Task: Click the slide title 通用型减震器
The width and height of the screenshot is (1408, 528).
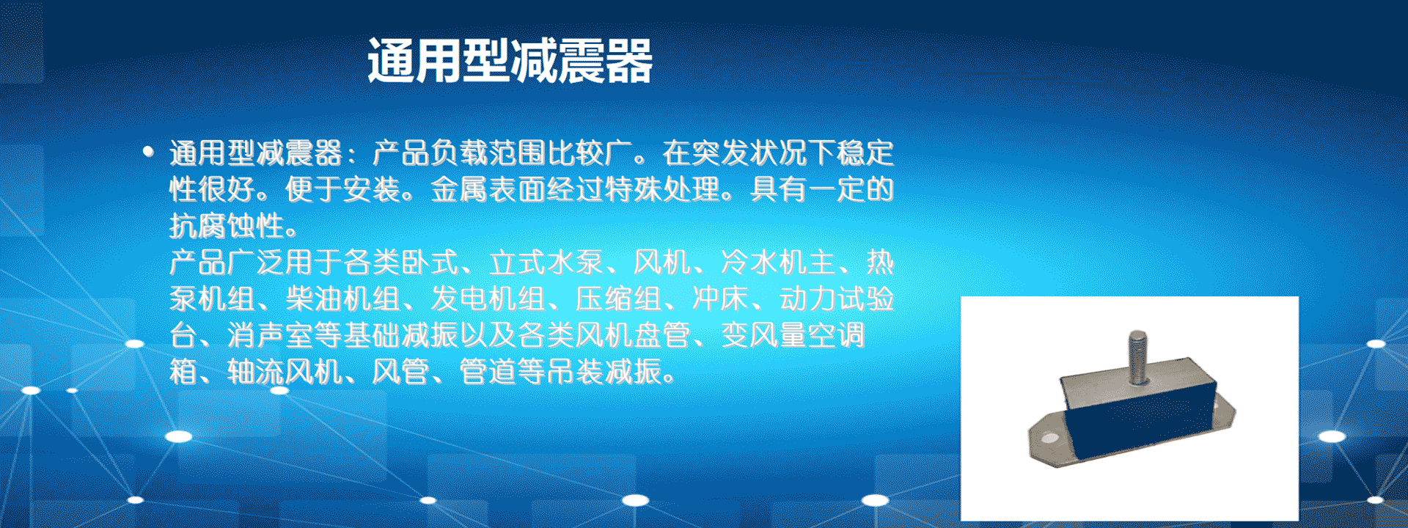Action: tap(510, 60)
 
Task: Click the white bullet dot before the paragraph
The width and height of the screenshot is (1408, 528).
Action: tap(149, 152)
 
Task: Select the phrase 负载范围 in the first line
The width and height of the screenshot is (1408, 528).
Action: tap(488, 153)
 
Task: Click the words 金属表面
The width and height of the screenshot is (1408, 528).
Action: tap(488, 189)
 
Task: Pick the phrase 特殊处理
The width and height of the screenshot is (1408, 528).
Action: tap(662, 189)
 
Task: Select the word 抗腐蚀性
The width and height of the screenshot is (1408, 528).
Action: tap(227, 226)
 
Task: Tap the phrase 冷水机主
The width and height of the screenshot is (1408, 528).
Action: tap(778, 262)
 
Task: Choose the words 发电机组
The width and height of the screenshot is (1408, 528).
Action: tap(488, 298)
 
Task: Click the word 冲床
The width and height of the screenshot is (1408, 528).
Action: tap(720, 298)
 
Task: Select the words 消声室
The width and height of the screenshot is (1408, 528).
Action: tap(271, 335)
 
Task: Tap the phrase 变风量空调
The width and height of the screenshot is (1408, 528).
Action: tap(793, 335)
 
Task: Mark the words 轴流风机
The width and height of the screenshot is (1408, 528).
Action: tap(285, 372)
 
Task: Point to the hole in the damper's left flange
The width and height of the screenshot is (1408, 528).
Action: tap(1050, 439)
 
